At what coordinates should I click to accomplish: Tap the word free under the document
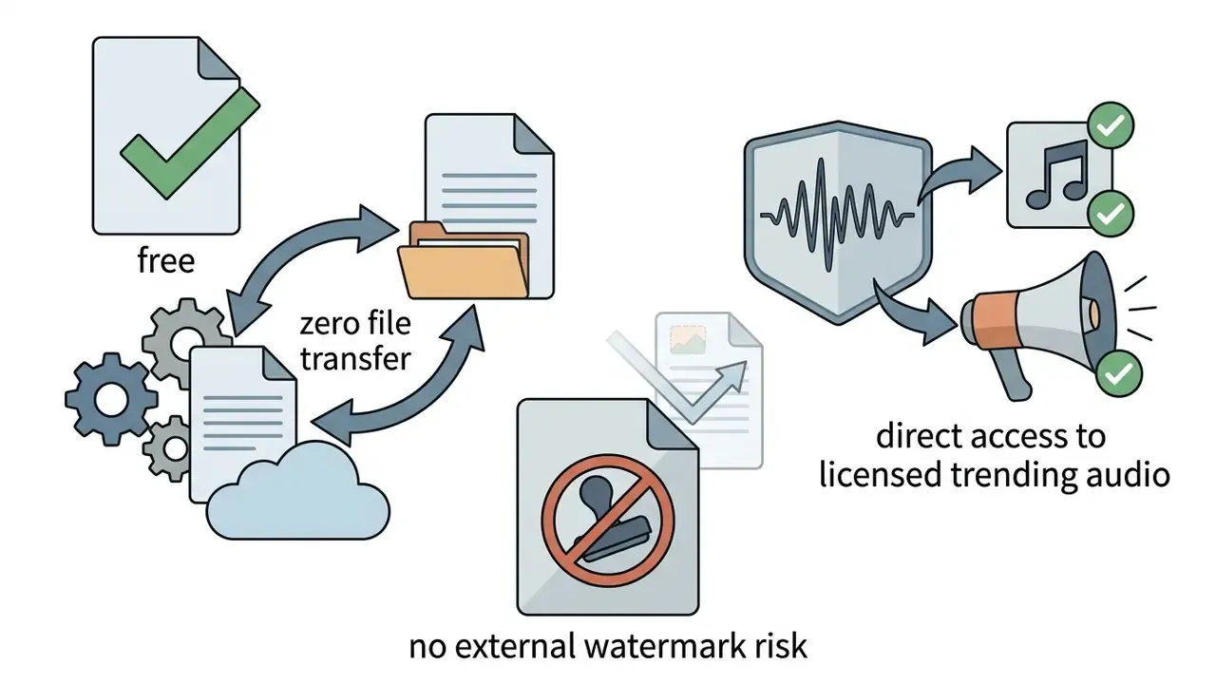pos(166,260)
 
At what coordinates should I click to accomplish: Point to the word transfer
pos(355,359)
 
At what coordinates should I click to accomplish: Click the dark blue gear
pos(111,399)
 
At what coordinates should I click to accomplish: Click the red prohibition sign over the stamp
pos(607,521)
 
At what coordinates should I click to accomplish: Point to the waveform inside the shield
pos(837,215)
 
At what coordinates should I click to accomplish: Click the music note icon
pos(1058,174)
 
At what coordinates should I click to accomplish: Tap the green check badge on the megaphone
pos(1119,373)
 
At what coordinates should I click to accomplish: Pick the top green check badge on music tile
pos(1111,125)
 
